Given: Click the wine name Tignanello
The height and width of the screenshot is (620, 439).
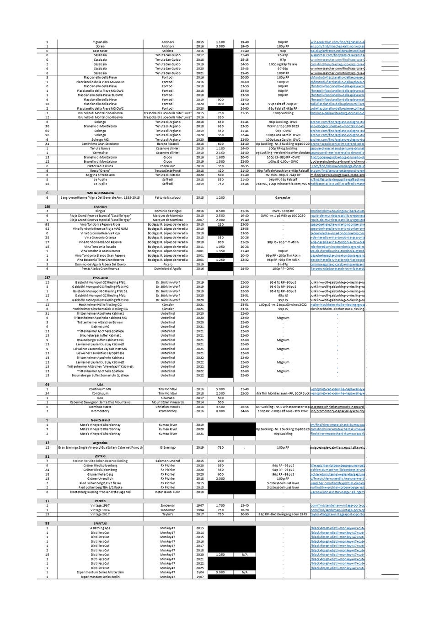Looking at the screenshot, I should (x=100, y=42).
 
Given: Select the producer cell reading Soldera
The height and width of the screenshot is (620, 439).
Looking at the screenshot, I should (x=167, y=51).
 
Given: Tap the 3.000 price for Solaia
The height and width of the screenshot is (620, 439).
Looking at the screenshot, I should (x=220, y=46).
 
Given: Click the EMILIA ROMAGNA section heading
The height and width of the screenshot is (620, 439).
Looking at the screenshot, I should (x=100, y=193).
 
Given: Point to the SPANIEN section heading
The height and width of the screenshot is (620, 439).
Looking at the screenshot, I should (x=100, y=207).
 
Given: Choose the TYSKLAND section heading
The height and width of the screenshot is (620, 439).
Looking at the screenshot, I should (x=100, y=278).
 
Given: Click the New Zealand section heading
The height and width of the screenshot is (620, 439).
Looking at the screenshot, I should (x=100, y=420).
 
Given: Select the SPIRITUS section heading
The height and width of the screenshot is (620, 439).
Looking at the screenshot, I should (x=100, y=523).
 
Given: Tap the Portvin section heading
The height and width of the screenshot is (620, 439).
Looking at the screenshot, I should (x=100, y=501).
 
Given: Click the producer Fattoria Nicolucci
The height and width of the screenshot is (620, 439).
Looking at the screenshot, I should (x=167, y=198).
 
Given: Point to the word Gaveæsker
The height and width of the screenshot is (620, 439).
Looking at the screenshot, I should (x=283, y=198).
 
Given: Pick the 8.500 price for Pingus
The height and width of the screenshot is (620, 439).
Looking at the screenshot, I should (x=220, y=211).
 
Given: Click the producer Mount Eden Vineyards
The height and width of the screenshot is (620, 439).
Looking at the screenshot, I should (x=167, y=402).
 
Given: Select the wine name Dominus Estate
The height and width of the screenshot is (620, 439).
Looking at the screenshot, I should (x=100, y=407).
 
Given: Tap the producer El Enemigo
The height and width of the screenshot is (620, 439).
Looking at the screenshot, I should (x=167, y=447).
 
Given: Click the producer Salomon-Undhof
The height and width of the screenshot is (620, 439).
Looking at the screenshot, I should (x=167, y=461).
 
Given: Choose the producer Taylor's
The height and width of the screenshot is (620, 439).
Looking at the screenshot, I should (x=167, y=514).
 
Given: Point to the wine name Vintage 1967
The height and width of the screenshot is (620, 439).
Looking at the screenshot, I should (x=100, y=505).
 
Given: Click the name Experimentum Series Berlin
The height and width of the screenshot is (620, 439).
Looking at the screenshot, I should (x=100, y=577).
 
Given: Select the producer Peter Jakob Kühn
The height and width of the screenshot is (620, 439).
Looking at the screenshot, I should (x=167, y=492).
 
